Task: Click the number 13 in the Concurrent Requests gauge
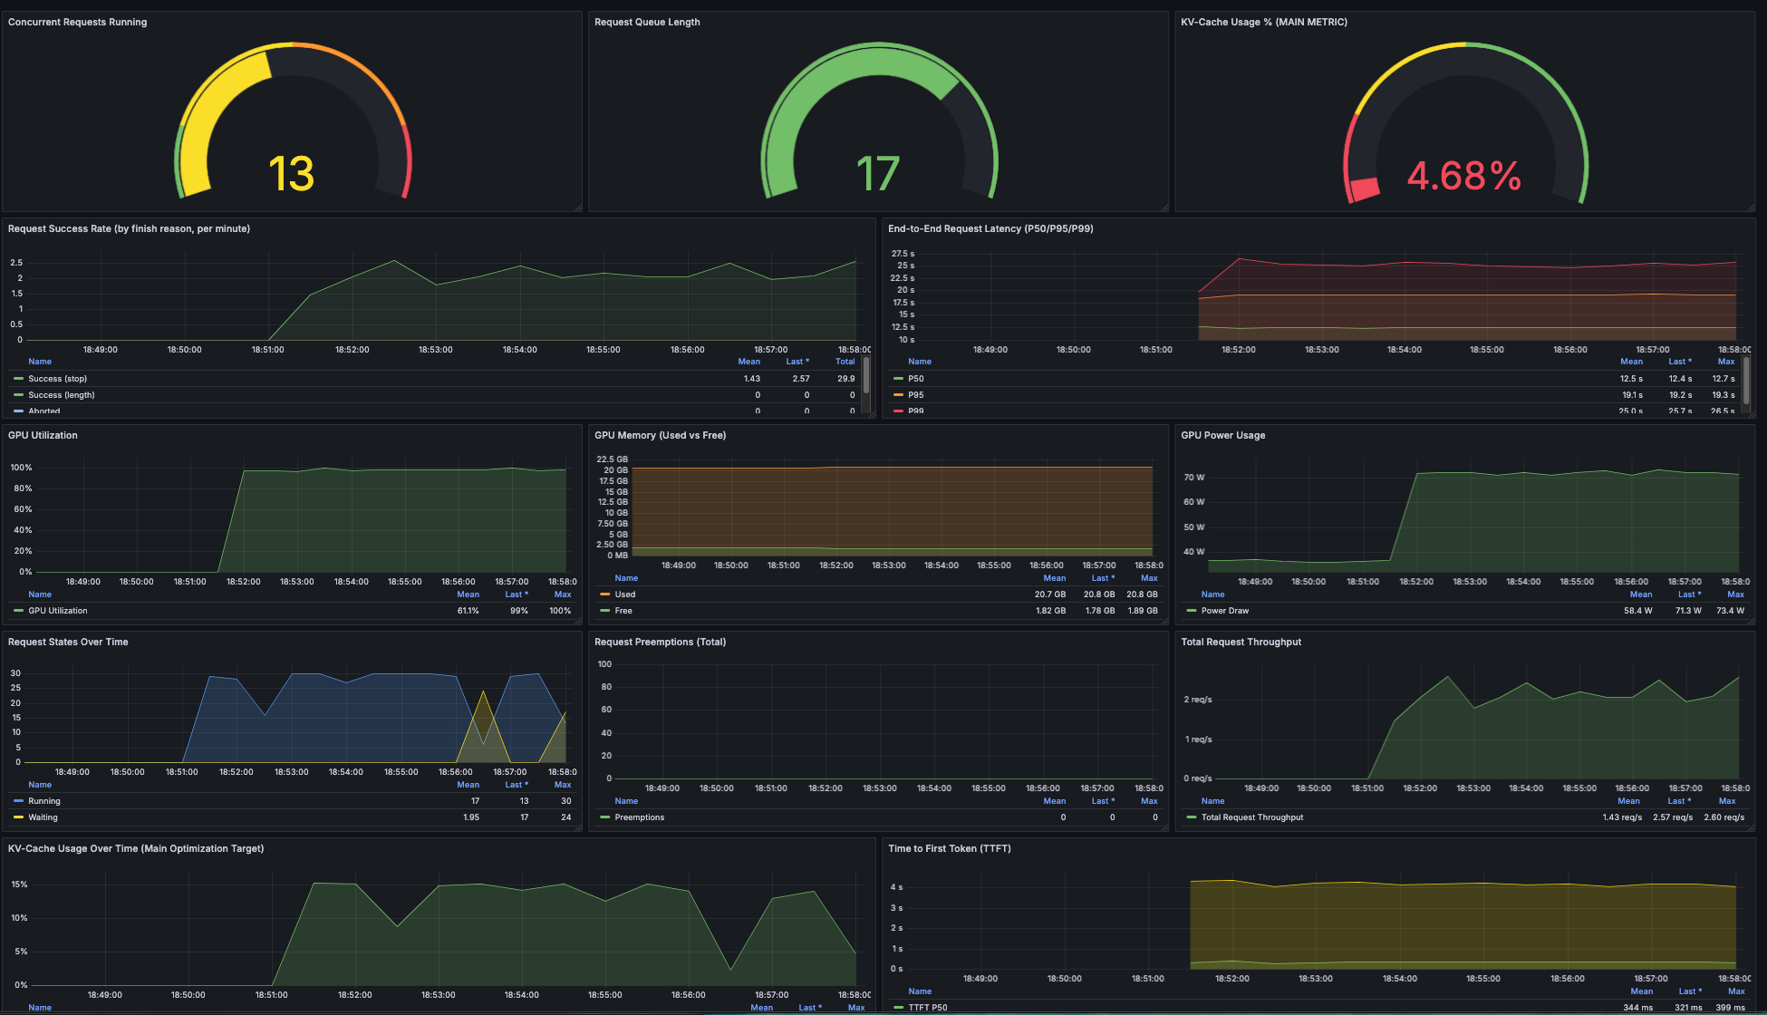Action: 291,174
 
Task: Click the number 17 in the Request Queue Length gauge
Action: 877,174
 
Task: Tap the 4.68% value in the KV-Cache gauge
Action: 1463,176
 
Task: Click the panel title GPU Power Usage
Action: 1222,436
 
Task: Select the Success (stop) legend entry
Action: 57,379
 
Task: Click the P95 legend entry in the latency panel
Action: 915,395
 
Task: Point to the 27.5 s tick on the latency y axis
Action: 903,254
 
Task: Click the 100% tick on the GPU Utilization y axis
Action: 21,468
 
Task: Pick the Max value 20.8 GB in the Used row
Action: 1142,594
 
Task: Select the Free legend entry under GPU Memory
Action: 623,611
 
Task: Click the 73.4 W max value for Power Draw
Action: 1730,611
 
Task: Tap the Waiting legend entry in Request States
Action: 43,817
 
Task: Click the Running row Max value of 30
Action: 565,801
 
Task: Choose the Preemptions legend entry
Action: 639,817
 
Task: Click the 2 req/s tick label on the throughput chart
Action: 1197,700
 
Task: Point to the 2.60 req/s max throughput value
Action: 1724,817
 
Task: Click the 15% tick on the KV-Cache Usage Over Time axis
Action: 19,884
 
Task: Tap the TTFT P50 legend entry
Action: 927,1008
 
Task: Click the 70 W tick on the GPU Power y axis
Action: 1193,478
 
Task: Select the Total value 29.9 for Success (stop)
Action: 845,379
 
